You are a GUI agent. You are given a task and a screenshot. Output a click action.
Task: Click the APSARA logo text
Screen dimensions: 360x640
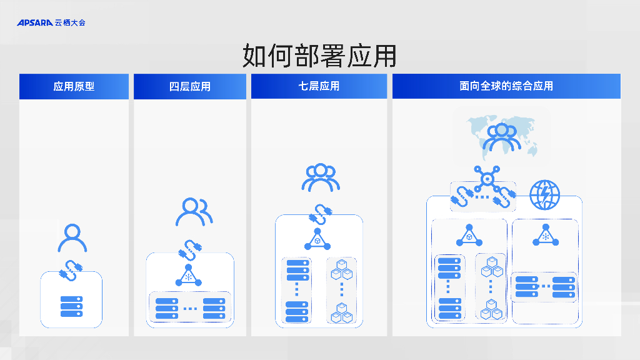point(35,22)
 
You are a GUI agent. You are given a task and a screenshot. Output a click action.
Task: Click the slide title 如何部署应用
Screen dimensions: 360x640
point(319,56)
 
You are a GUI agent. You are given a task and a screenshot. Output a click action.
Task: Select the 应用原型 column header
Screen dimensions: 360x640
point(74,86)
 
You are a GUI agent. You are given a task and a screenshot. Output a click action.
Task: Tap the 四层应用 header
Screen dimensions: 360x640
point(190,86)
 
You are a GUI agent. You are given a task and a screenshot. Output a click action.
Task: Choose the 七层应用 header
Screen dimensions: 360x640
point(319,86)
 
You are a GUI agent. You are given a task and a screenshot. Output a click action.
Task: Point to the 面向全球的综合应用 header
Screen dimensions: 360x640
point(506,86)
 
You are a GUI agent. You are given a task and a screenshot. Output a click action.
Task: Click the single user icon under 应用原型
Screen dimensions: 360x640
point(72,238)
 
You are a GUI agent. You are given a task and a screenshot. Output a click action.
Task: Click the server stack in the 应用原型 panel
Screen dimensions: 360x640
point(71,306)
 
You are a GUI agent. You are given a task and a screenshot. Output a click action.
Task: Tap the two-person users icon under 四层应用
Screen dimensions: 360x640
point(194,212)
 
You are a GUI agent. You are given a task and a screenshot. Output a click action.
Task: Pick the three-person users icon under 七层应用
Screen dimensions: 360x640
point(321,177)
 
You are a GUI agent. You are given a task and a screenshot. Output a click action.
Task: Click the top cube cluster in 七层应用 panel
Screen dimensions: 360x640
point(342,270)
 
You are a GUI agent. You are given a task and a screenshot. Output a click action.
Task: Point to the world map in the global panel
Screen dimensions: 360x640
point(502,135)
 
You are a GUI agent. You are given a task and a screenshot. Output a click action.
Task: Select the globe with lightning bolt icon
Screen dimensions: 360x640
point(545,195)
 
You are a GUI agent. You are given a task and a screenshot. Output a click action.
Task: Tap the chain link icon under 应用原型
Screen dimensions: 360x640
point(71,269)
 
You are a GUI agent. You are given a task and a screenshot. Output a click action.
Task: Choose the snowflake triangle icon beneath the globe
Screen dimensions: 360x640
point(545,236)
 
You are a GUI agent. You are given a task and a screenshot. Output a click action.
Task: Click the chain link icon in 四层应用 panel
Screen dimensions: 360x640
point(190,249)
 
